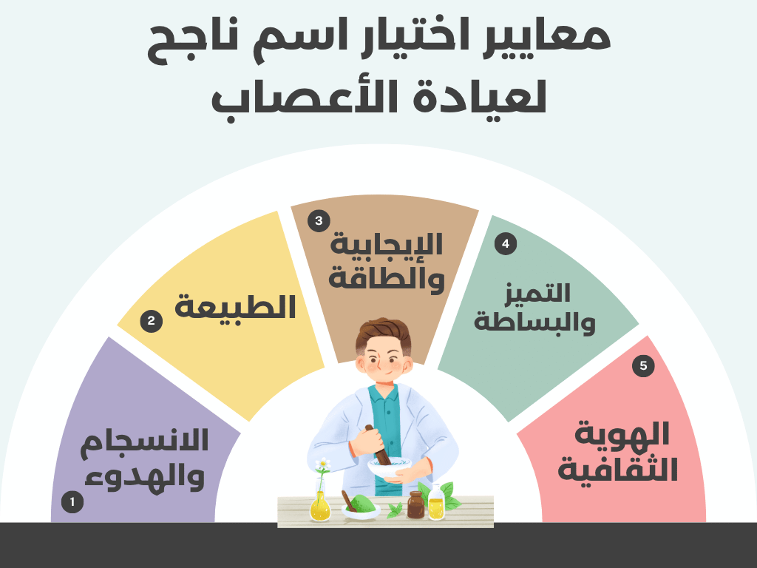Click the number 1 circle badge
[72, 502]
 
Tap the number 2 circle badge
[151, 321]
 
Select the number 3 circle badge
[319, 220]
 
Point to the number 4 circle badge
[506, 243]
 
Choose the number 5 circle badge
[643, 365]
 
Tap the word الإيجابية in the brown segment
[387, 245]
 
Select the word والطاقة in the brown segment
[387, 280]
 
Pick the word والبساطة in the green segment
[536, 322]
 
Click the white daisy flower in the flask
[322, 465]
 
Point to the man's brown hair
[382, 333]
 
